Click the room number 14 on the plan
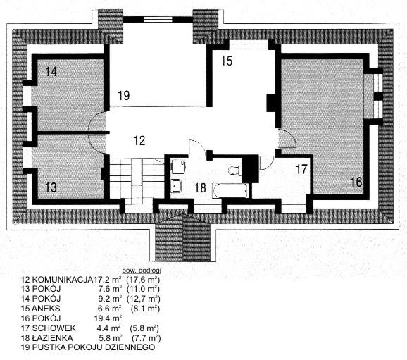pyautogui.click(x=51, y=71)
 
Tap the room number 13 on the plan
pyautogui.click(x=51, y=187)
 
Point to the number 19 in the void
pyautogui.click(x=124, y=96)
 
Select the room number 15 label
pyautogui.click(x=226, y=61)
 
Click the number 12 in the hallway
pyautogui.click(x=139, y=140)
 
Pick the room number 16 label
pyautogui.click(x=356, y=182)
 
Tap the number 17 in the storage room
pyautogui.click(x=301, y=169)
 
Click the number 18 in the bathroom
pyautogui.click(x=200, y=188)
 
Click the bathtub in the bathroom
pyautogui.click(x=230, y=191)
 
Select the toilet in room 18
pyautogui.click(x=235, y=170)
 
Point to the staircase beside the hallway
pyautogui.click(x=137, y=179)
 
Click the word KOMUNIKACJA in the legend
pyautogui.click(x=62, y=280)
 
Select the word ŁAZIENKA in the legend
pyautogui.click(x=52, y=338)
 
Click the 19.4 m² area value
pyautogui.click(x=108, y=318)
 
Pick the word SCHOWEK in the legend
pyautogui.click(x=54, y=328)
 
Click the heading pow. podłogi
pyautogui.click(x=142, y=271)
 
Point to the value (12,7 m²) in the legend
pyautogui.click(x=143, y=299)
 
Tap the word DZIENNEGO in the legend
pyautogui.click(x=130, y=347)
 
